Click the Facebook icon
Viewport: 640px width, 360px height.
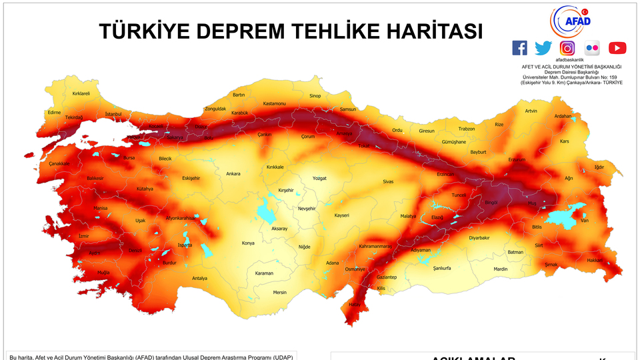tap(519, 48)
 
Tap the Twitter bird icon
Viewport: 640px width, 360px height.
tap(543, 48)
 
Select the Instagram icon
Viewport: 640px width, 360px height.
tap(567, 48)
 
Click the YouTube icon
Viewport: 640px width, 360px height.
tap(617, 48)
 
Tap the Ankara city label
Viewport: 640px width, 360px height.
tap(233, 174)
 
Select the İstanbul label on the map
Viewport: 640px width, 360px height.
tap(113, 114)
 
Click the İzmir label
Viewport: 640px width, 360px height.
tap(83, 236)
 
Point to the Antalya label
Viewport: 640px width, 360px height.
tap(199, 278)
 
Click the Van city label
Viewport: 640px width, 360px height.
tap(585, 221)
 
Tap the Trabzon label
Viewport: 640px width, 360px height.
tap(467, 129)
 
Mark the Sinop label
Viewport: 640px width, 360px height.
tap(315, 96)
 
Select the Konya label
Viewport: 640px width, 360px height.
tap(248, 243)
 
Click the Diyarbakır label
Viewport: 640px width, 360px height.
tap(479, 237)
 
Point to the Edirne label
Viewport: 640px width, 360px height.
tap(54, 113)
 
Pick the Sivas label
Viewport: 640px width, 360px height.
tap(388, 181)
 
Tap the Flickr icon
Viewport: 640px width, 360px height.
tap(592, 48)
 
